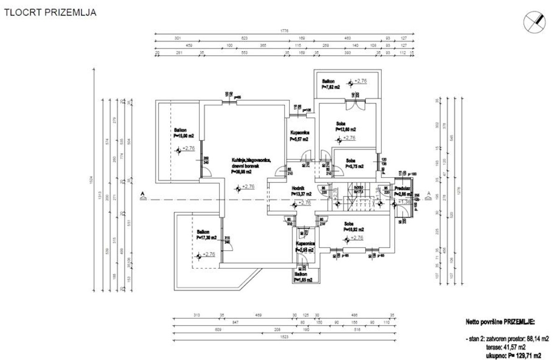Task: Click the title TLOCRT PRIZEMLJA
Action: (x=50, y=13)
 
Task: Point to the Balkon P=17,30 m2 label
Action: (x=206, y=235)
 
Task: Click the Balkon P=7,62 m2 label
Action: (x=330, y=84)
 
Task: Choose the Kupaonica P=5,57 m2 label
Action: (x=299, y=136)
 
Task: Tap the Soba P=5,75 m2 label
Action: (x=354, y=163)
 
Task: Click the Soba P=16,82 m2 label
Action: (x=353, y=226)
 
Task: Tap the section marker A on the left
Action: (x=143, y=197)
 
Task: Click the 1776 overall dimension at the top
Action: (x=285, y=31)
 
